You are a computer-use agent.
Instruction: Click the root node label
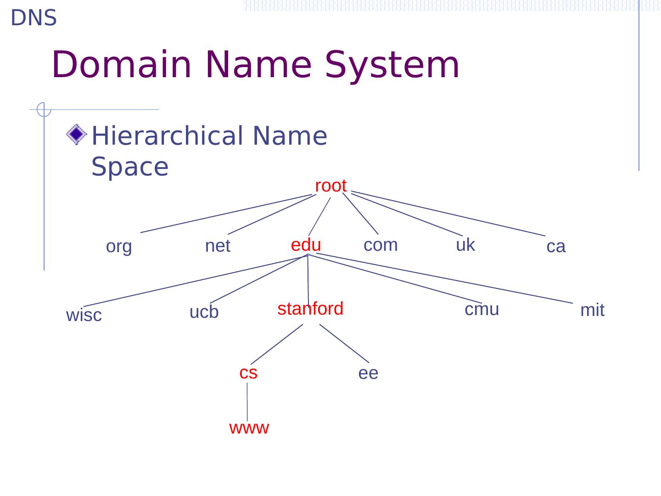point(330,186)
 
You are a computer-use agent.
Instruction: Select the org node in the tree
point(119,247)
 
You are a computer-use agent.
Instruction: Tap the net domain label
point(217,246)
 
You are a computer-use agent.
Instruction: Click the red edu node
point(306,245)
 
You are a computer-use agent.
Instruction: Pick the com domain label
point(381,245)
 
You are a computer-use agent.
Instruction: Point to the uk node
point(465,245)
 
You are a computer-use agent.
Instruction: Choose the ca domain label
point(556,247)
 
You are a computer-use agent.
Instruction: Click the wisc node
point(84,316)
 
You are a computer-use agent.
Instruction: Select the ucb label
point(204,312)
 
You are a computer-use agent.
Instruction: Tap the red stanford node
point(310,309)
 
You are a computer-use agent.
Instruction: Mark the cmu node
point(482,310)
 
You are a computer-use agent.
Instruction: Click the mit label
point(592,310)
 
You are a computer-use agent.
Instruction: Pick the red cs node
point(248,372)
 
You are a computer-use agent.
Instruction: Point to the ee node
point(368,373)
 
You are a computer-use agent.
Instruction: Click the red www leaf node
point(249,428)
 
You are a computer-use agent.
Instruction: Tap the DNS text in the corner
point(34,18)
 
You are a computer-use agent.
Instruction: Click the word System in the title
point(392,65)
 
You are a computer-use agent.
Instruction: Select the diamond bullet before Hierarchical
point(76,135)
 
